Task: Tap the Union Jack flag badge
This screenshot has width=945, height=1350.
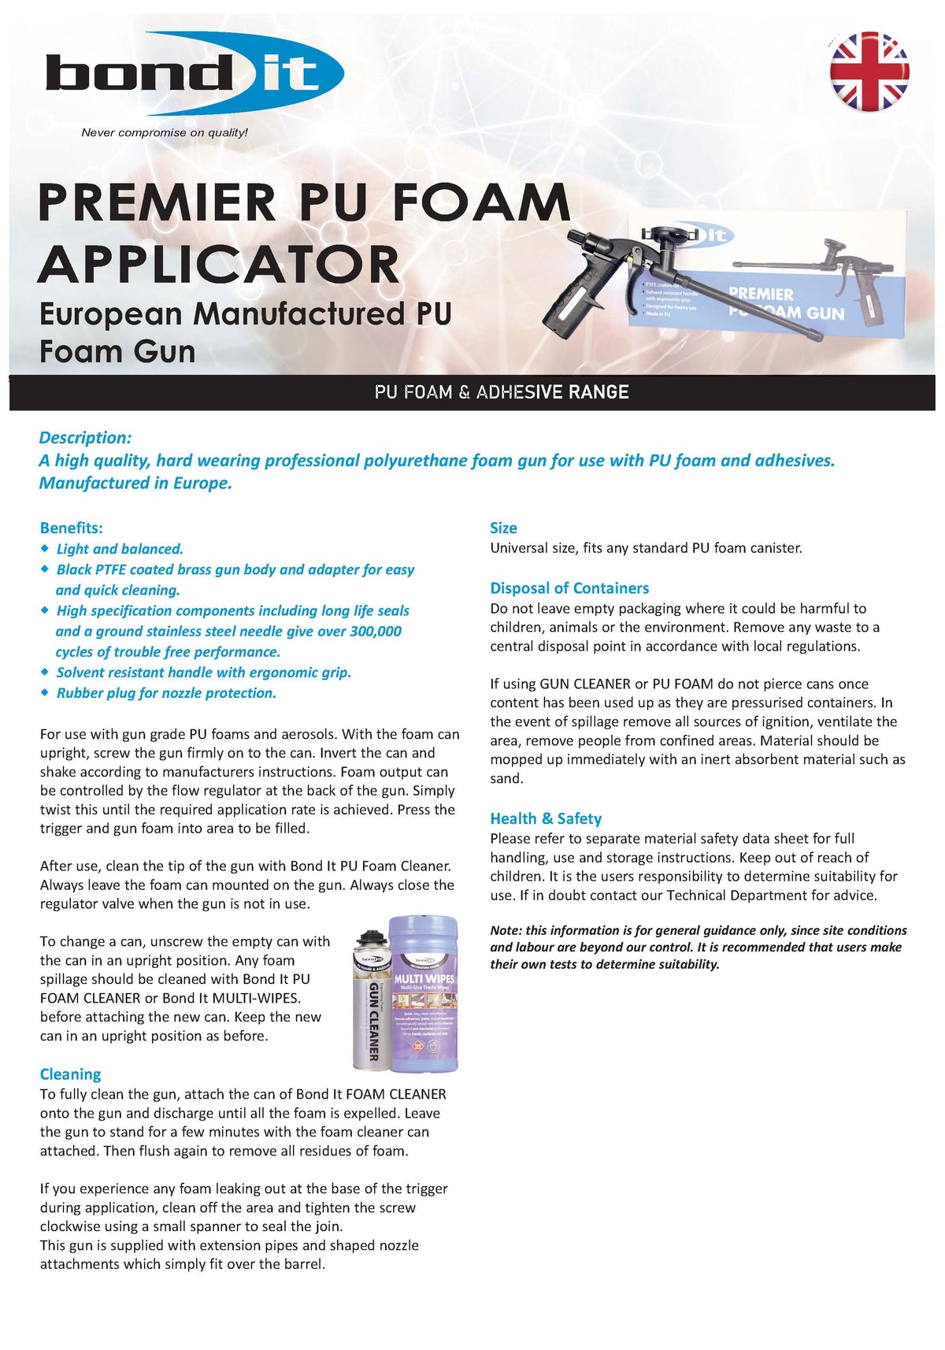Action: [x=869, y=72]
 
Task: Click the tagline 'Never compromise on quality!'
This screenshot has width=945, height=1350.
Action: [x=165, y=132]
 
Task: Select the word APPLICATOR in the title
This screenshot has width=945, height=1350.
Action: [x=219, y=265]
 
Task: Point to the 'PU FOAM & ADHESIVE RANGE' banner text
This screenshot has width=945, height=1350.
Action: [x=502, y=392]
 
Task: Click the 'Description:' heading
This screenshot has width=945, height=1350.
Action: [x=85, y=438]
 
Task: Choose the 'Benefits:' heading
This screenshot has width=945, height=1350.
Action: [x=72, y=528]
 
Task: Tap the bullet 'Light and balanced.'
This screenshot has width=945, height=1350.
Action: [x=120, y=549]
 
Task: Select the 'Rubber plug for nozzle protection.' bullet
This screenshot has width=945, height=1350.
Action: [x=166, y=693]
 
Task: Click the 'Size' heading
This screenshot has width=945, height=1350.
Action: [x=503, y=528]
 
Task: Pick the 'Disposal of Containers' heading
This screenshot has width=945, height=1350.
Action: [x=569, y=588]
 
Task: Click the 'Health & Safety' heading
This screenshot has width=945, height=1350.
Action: [x=546, y=818]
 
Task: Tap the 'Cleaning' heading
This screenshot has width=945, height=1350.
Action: [x=71, y=1074]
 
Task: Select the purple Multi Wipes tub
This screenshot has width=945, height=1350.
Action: [x=424, y=994]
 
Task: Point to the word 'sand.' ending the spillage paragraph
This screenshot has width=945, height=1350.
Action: [x=506, y=779]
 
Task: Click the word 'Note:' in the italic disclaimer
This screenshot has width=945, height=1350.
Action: [x=506, y=930]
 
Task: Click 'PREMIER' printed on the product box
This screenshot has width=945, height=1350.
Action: [x=761, y=294]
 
